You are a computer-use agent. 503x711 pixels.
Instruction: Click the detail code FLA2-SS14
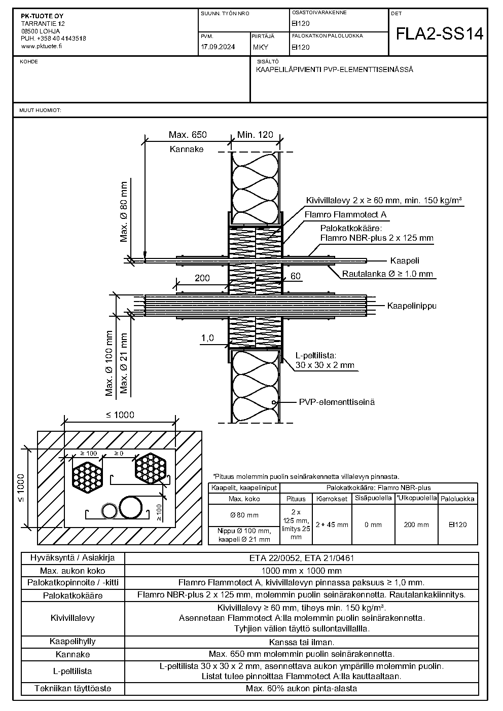(440, 33)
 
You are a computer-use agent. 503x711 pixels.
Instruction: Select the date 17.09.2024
(218, 47)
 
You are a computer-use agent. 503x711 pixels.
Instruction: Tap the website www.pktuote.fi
(41, 46)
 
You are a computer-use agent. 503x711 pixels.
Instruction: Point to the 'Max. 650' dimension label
(188, 135)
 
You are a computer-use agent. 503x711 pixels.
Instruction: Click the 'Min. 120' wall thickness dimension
(255, 135)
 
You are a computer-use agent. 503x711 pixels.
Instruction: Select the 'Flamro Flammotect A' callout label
(345, 214)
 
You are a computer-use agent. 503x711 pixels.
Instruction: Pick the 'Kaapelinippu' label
(412, 306)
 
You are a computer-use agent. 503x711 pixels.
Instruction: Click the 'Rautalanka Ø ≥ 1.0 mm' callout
(387, 274)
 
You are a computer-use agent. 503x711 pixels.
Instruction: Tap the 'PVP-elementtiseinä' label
(337, 402)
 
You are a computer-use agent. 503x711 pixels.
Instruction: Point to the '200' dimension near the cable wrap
(202, 278)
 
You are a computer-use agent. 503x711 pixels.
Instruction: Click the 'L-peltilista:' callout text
(316, 356)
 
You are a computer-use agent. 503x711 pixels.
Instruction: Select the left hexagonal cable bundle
(87, 477)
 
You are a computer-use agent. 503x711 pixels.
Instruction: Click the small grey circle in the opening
(109, 511)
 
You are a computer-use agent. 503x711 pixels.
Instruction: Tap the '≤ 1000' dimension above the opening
(120, 415)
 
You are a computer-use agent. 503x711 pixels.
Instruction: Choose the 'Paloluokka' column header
(457, 499)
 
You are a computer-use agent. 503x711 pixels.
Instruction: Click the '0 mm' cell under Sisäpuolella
(373, 525)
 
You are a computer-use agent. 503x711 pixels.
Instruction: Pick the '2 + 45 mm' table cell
(332, 525)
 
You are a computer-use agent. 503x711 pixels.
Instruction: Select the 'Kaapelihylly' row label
(73, 642)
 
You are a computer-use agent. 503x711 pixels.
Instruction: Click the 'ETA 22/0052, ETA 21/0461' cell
(302, 558)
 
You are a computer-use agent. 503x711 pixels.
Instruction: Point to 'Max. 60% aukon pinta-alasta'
(301, 689)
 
